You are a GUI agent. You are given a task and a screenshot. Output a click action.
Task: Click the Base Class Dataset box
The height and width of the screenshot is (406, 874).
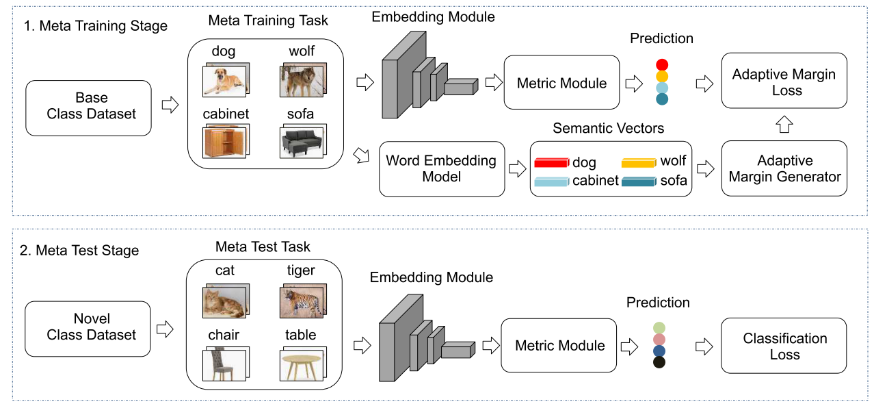[88, 107]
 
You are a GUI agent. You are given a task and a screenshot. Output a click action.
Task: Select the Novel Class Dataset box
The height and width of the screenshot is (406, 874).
[88, 327]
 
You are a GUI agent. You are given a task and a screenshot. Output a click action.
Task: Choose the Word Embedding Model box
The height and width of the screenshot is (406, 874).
[441, 168]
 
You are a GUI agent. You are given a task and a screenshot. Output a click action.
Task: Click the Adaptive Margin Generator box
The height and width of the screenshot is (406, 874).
[784, 168]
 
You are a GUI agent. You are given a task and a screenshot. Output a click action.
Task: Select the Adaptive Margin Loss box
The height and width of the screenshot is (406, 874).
[784, 83]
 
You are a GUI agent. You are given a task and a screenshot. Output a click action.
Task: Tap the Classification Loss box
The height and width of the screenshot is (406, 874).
[784, 346]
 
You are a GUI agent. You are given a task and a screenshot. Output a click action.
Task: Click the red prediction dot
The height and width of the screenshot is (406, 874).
[661, 65]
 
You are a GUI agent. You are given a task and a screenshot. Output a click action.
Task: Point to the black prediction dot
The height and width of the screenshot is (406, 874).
[659, 362]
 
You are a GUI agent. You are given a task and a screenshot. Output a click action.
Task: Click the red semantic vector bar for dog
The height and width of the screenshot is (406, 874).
[551, 163]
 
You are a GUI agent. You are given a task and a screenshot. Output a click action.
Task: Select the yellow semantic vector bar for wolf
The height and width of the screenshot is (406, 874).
[639, 163]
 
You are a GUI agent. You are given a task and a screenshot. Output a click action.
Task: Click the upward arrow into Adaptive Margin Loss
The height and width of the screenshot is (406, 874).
[784, 124]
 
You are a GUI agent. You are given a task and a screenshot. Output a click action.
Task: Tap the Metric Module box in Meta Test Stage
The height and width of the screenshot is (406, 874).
[559, 346]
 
